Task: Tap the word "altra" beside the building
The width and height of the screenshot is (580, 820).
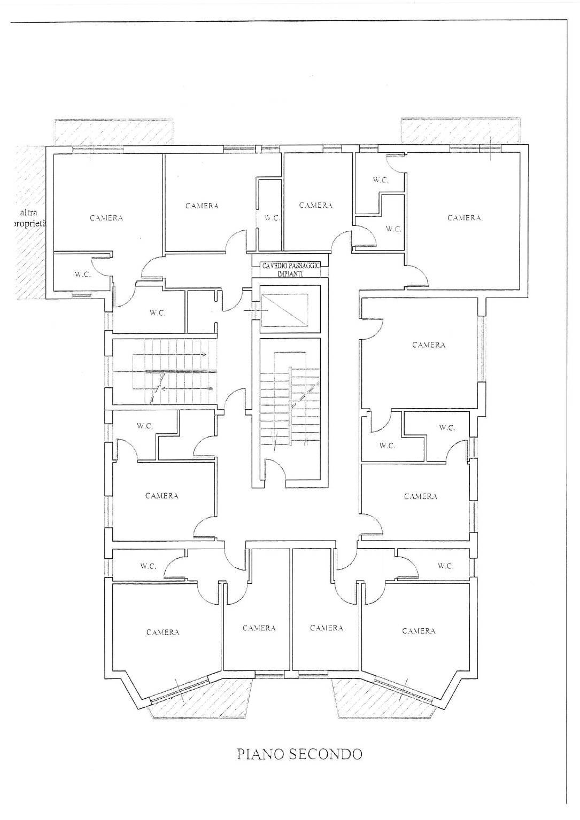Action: pyautogui.click(x=28, y=212)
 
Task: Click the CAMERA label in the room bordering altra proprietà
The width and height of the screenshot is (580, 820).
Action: pyautogui.click(x=106, y=218)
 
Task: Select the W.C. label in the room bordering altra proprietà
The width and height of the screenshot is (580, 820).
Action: pyautogui.click(x=83, y=275)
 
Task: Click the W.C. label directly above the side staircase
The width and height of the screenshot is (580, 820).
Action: pyautogui.click(x=158, y=314)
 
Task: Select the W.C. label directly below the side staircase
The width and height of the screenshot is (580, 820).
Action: pyautogui.click(x=145, y=426)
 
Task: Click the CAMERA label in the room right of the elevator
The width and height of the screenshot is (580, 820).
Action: pyautogui.click(x=429, y=345)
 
